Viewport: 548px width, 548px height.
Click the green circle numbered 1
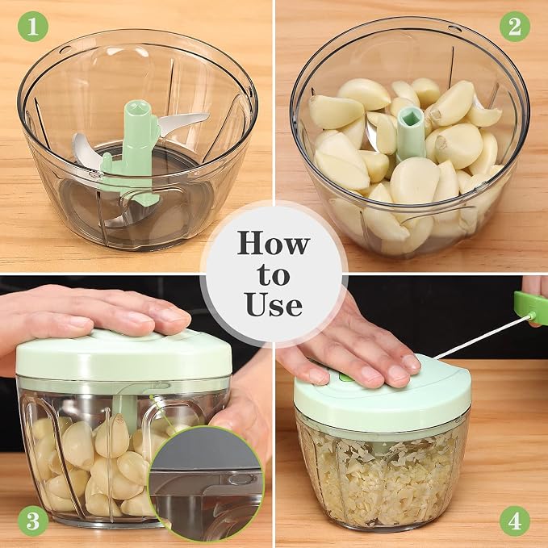coord(32,26)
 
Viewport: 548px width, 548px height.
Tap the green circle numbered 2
coord(514,26)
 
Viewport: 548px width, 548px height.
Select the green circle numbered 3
coord(32,521)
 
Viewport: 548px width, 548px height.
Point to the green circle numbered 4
coord(514,521)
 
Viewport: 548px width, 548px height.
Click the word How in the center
coord(274,243)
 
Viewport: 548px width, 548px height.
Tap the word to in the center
coord(274,275)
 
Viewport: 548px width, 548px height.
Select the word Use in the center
coord(274,305)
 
